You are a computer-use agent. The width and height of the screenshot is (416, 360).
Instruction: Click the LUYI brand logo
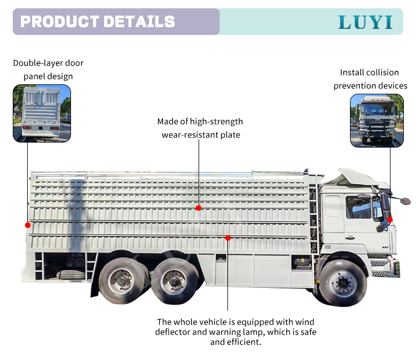click(366, 22)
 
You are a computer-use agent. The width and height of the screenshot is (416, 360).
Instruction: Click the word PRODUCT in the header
click(59, 22)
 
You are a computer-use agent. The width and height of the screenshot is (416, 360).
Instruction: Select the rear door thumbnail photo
click(42, 113)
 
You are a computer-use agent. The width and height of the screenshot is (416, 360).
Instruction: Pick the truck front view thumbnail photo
click(377, 120)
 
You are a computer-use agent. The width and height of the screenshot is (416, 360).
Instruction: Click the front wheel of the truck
click(343, 283)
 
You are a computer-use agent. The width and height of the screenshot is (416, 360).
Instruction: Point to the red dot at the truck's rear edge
click(27, 225)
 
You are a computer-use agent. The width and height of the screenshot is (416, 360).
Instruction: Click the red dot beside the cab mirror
click(390, 220)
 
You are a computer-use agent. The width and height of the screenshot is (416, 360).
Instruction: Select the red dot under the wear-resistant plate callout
click(199, 208)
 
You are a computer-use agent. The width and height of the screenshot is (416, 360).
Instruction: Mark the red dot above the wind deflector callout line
click(228, 238)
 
